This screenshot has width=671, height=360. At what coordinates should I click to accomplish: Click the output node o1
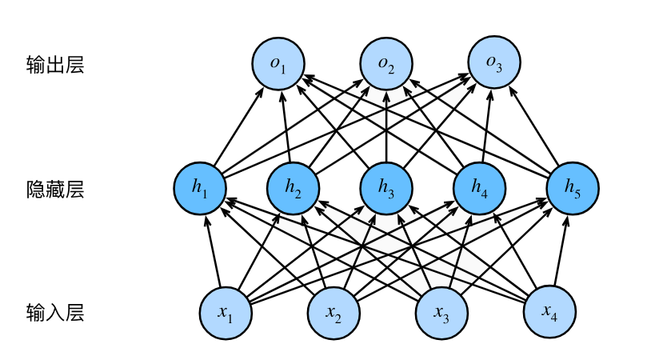[x=278, y=63]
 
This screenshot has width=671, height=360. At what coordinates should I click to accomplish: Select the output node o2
[x=386, y=63]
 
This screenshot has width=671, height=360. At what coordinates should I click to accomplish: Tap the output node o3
[x=493, y=62]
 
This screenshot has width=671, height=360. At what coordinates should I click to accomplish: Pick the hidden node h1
[x=200, y=188]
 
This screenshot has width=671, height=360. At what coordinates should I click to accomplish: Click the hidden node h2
[x=294, y=188]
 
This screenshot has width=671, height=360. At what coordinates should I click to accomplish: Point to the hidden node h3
[x=386, y=188]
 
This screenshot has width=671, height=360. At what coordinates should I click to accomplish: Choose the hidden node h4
[x=479, y=188]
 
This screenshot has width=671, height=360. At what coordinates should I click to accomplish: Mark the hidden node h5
[x=573, y=188]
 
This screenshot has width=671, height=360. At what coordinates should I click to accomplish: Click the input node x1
[x=226, y=313]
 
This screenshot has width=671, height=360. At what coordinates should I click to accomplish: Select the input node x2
[x=334, y=313]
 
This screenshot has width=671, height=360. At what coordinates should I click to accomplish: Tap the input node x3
[x=441, y=313]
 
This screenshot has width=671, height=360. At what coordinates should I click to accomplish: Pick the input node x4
[x=549, y=313]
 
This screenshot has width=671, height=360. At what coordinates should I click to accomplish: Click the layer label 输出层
[x=55, y=65]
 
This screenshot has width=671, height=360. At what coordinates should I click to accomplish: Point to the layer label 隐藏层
[x=55, y=190]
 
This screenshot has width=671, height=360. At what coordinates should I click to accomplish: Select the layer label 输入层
[x=55, y=313]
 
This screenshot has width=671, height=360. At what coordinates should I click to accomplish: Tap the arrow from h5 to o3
[x=533, y=126]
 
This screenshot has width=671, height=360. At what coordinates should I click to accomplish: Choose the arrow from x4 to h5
[x=561, y=250]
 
